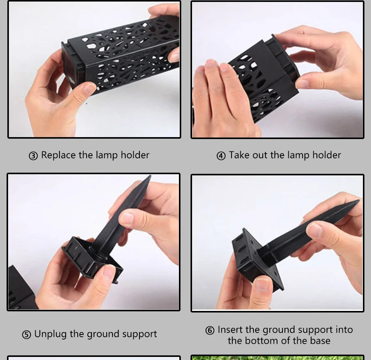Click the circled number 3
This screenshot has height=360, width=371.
(x=33, y=156)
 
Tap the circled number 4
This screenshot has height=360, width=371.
(x=221, y=156)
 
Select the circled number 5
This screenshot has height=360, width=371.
(x=27, y=335)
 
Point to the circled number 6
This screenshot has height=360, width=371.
(x=210, y=330)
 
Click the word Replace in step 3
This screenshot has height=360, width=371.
(x=59, y=155)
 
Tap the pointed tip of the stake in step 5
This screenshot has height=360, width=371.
(x=150, y=176)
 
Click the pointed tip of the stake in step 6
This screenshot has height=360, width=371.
(x=359, y=201)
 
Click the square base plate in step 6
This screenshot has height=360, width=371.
(x=257, y=260)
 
